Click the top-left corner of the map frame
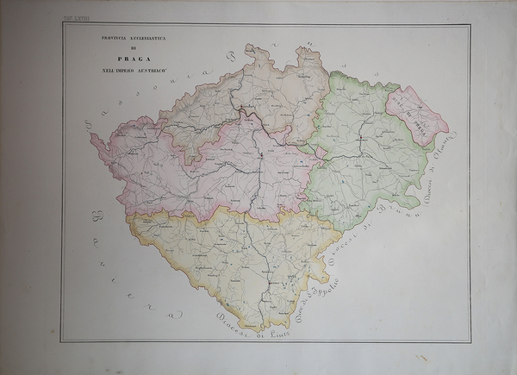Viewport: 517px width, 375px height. (63, 23)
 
